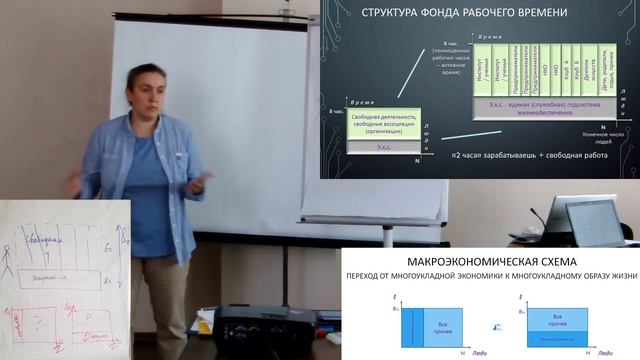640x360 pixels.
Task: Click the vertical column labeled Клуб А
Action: pyautogui.click(x=566, y=68)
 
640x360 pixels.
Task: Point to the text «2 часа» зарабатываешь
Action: pyautogui.click(x=476, y=155)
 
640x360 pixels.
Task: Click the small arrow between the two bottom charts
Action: pyautogui.click(x=497, y=327)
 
